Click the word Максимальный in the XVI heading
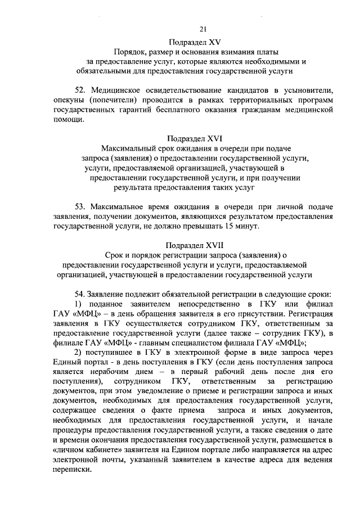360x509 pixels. [x=129, y=148]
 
